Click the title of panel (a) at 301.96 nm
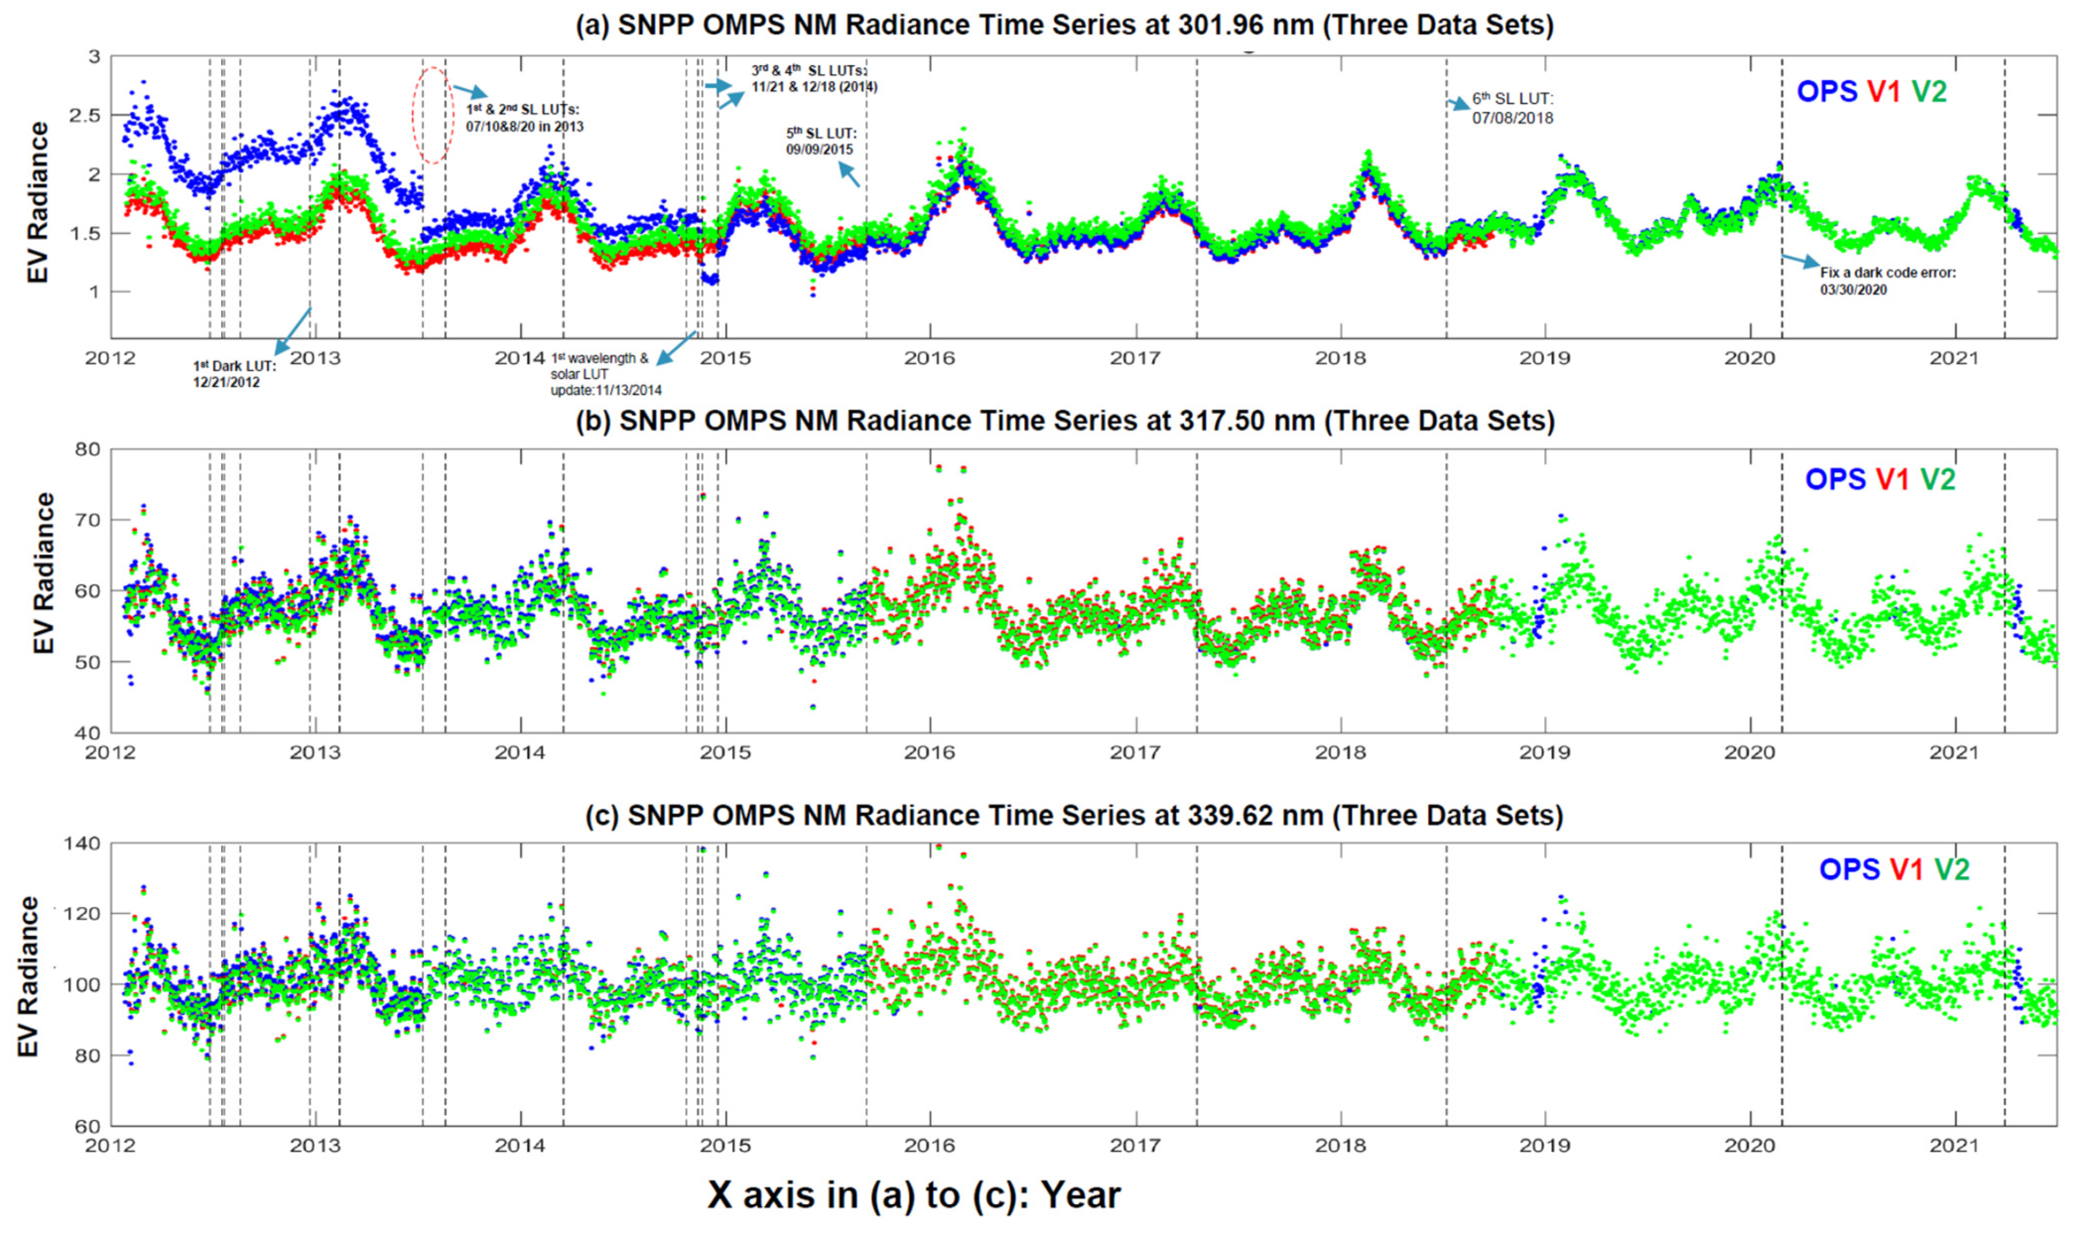[x=1064, y=25]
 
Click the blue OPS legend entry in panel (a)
[x=1826, y=91]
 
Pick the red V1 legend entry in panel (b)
[x=1892, y=479]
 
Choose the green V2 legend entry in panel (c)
[x=1952, y=869]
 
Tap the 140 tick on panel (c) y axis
[x=82, y=843]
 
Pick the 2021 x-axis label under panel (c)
[x=1954, y=1146]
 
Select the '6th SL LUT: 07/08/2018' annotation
[x=1512, y=109]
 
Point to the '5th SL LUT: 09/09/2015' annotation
[x=821, y=141]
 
